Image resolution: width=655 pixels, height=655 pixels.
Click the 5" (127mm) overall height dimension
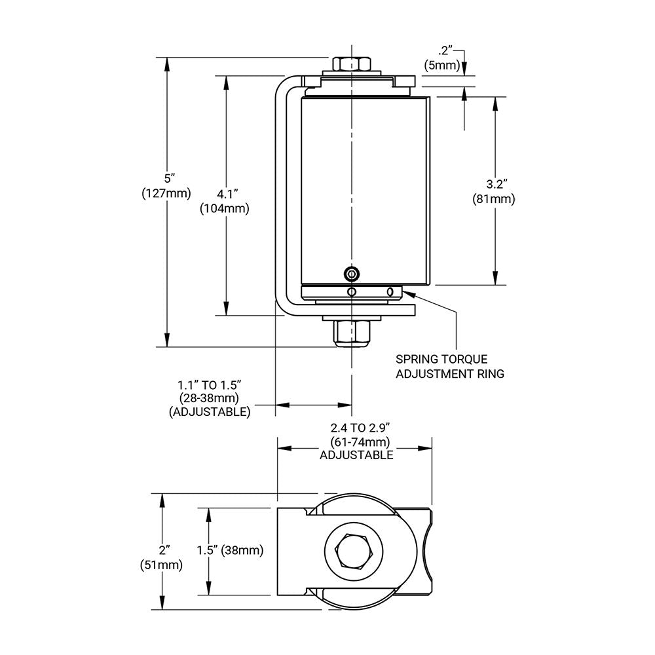166,185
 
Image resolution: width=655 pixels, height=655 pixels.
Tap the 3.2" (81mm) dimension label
494,192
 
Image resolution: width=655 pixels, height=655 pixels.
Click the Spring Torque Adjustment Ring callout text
449,367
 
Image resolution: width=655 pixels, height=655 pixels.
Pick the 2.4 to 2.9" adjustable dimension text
356,441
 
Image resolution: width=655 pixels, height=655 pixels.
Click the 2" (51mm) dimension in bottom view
161,556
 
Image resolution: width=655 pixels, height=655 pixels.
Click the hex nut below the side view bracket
352,333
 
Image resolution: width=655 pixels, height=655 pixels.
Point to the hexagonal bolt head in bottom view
354,552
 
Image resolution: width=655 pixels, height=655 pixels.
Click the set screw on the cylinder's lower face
353,273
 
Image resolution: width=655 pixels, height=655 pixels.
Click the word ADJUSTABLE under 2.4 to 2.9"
356,455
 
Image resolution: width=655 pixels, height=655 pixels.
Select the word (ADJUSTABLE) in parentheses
209,412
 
